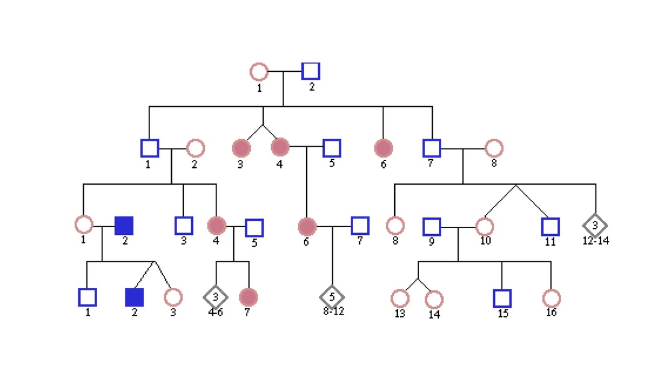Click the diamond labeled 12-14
point(595,225)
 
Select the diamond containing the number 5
point(331,296)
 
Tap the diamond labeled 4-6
point(216,296)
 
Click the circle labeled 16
point(551,298)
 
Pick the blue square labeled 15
point(501,298)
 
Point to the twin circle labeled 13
point(400,298)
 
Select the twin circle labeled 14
point(433,299)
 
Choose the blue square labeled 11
point(550,226)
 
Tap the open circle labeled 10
point(485,226)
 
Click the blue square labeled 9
point(432,226)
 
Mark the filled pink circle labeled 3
point(240,147)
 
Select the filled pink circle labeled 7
point(248,297)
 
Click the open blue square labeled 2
point(310,71)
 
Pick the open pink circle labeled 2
point(195,147)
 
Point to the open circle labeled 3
point(173,297)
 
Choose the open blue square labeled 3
point(183,225)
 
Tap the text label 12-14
point(595,241)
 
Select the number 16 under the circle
point(551,313)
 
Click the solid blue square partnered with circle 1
point(124,225)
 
